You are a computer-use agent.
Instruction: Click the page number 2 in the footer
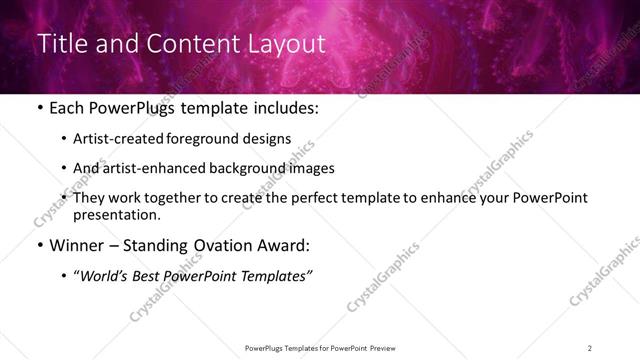(x=590, y=347)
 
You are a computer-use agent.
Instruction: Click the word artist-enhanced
(x=175, y=168)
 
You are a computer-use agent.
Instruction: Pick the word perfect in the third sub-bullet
(x=313, y=197)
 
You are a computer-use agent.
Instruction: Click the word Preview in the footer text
(x=387, y=347)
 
